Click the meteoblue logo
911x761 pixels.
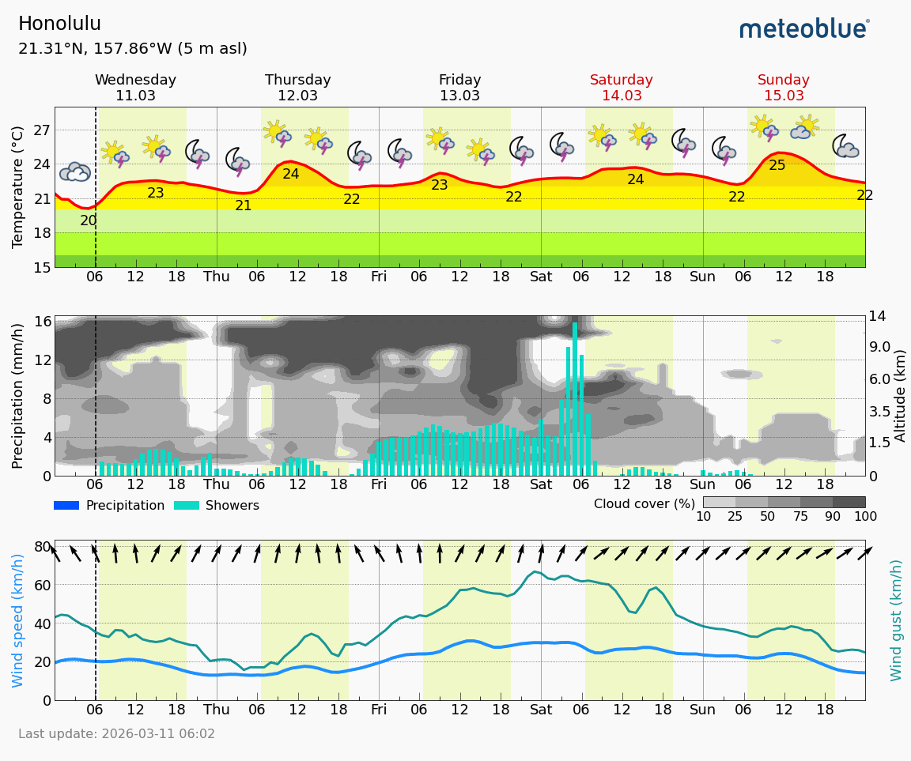click(x=804, y=29)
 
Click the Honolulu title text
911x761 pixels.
click(x=59, y=24)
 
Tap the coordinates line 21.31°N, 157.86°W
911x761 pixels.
click(x=132, y=49)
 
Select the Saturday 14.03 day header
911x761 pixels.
click(x=622, y=88)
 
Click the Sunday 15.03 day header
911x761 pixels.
click(x=783, y=88)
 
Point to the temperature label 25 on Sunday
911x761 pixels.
click(x=777, y=165)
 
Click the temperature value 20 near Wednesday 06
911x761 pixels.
click(x=89, y=220)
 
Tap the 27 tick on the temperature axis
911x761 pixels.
click(x=41, y=130)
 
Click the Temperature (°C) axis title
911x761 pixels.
click(x=18, y=186)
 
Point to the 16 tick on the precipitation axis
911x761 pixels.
click(x=43, y=321)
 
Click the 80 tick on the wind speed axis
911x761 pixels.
click(x=42, y=546)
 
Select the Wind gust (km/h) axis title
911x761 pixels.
click(x=896, y=620)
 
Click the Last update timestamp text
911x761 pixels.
click(x=116, y=734)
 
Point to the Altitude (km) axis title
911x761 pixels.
click(x=900, y=395)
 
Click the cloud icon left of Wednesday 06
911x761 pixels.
click(x=75, y=171)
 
